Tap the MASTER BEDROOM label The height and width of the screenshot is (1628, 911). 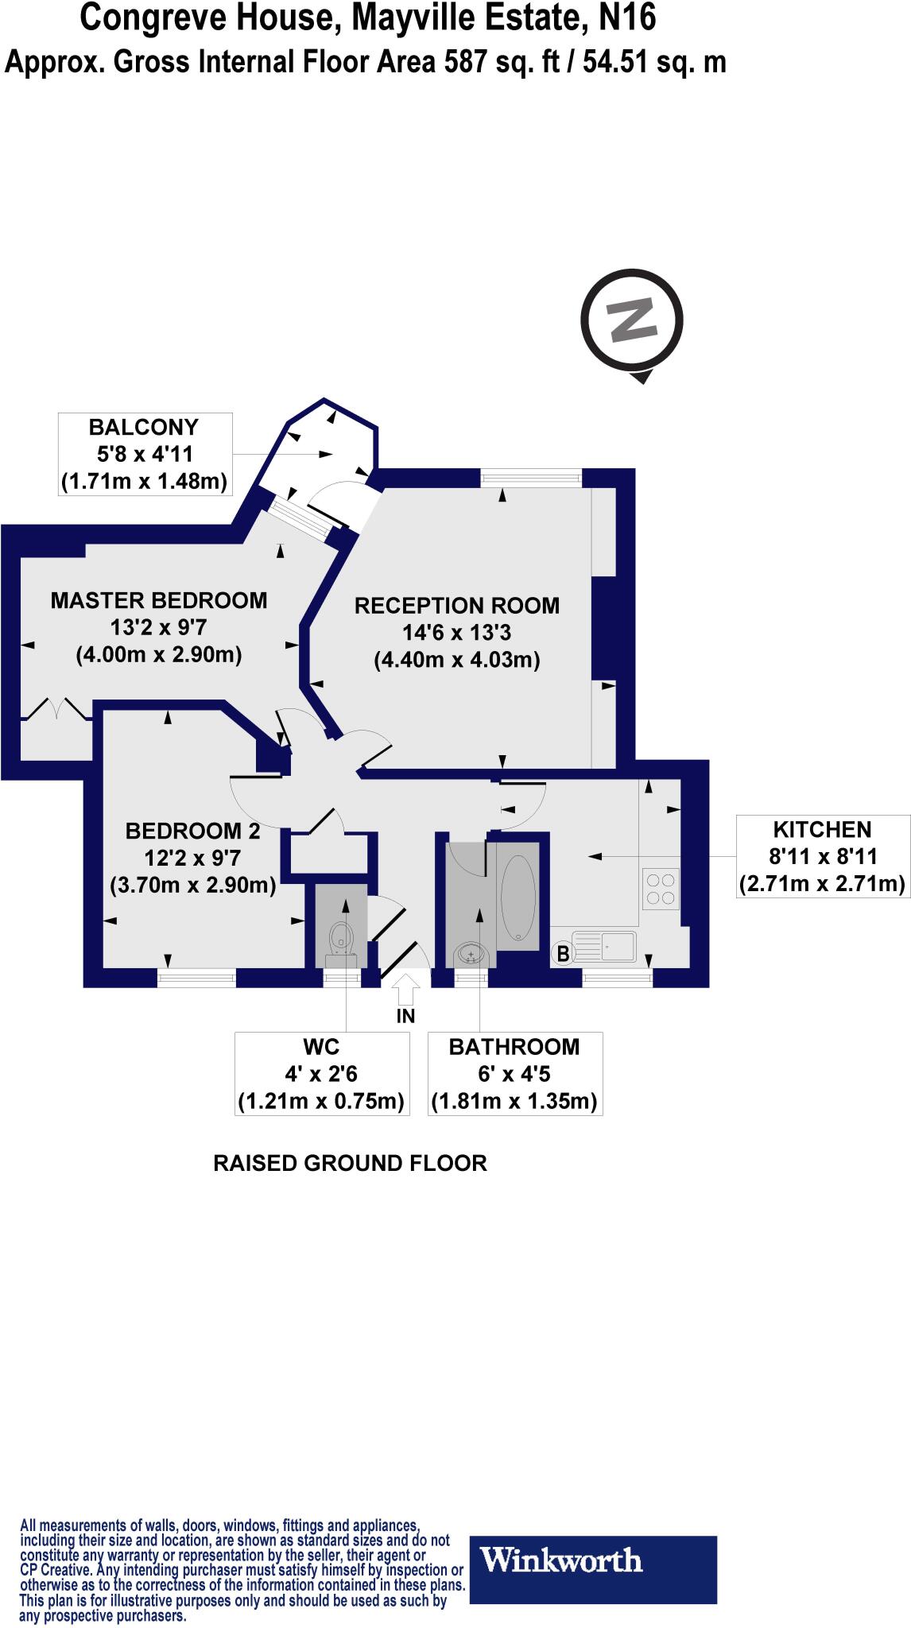159,600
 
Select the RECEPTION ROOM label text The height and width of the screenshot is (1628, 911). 456,606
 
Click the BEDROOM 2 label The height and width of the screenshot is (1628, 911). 193,831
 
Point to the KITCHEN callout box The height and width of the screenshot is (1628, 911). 822,856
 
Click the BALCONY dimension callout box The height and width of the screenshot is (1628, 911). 145,454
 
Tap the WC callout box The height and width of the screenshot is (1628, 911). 321,1074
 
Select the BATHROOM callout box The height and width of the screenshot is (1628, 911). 514,1074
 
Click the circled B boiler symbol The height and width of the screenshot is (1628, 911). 563,953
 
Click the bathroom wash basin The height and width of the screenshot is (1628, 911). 471,953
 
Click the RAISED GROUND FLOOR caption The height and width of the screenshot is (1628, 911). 350,1164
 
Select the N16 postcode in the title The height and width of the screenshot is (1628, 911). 626,17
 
